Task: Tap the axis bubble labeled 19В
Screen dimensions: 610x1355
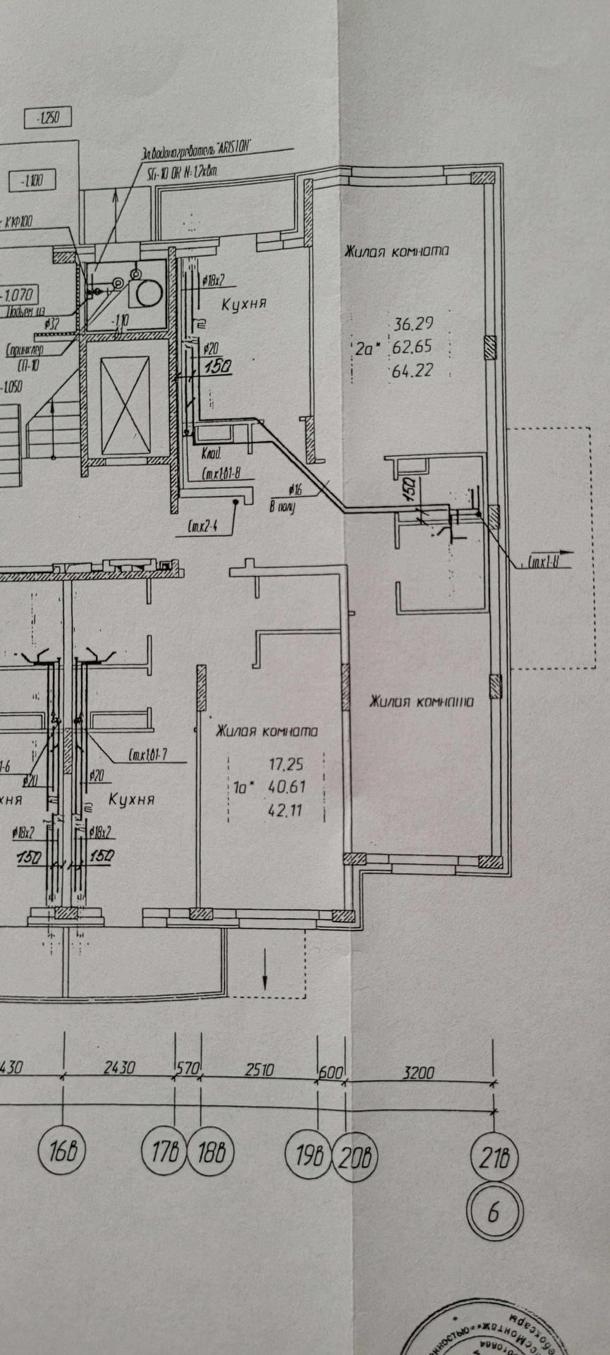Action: click(x=308, y=1155)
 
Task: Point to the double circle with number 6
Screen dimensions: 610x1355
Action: click(x=494, y=1211)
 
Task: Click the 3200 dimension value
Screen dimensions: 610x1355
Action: click(x=417, y=1072)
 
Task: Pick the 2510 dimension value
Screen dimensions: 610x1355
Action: click(x=259, y=1070)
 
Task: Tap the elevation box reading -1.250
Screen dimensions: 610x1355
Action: click(x=48, y=118)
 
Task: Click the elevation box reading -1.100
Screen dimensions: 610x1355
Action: click(x=32, y=181)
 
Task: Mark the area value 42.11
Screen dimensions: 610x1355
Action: click(x=285, y=810)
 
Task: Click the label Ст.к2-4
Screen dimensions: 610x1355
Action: click(x=202, y=525)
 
